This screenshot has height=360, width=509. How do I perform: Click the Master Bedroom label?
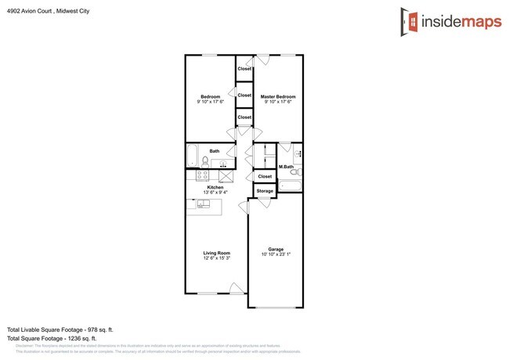click(278, 96)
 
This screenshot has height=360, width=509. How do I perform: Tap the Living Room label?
click(216, 253)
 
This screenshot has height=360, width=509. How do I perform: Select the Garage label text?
click(276, 249)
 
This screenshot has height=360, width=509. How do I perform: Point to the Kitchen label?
click(215, 187)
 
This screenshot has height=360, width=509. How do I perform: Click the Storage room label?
click(265, 190)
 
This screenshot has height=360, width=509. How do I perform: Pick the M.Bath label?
click(287, 167)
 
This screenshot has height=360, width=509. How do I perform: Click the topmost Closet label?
click(244, 69)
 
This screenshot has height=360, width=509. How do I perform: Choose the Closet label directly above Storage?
click(265, 177)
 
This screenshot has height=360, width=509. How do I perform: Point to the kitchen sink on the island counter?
click(203, 204)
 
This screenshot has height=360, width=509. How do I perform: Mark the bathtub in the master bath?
click(290, 186)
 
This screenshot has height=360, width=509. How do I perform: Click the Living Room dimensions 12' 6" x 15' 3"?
click(216, 258)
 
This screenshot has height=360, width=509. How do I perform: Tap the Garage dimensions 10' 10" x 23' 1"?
click(276, 254)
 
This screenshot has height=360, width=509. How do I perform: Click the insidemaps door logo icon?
click(406, 21)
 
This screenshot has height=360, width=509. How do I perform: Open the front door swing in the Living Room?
click(234, 288)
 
